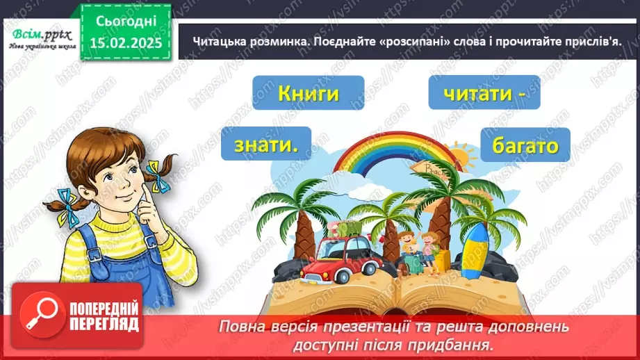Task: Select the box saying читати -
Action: tap(484, 92)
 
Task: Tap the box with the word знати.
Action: tap(266, 145)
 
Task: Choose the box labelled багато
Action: tap(525, 146)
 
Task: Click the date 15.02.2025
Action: tap(125, 43)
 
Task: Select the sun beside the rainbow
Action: tap(463, 161)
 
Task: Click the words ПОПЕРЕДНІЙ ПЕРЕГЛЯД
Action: tap(102, 318)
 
